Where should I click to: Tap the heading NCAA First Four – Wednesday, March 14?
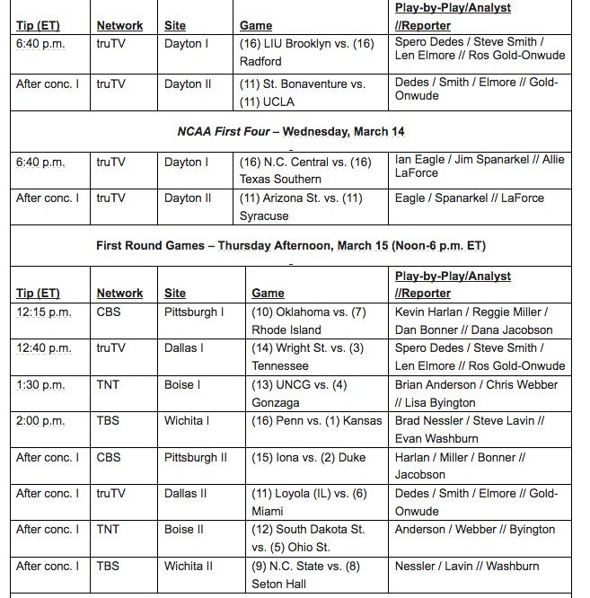(290, 131)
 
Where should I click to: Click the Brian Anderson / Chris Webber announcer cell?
(480, 393)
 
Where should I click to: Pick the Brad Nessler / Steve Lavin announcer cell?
(480, 429)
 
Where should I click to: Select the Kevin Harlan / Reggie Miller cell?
(480, 321)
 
